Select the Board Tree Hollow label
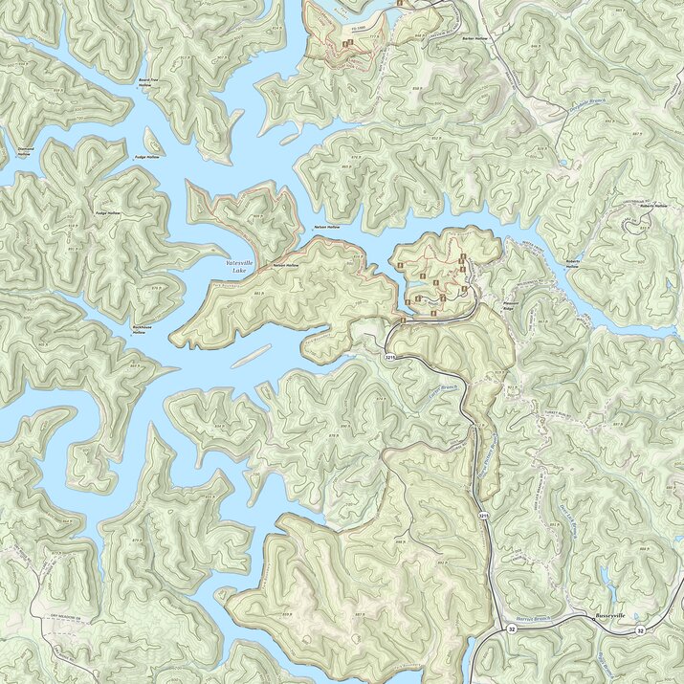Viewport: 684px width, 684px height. tap(145, 83)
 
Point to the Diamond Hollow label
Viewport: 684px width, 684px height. tap(23, 151)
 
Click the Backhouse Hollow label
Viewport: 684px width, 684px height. tap(139, 329)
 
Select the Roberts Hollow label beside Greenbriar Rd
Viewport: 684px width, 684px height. tap(654, 206)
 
